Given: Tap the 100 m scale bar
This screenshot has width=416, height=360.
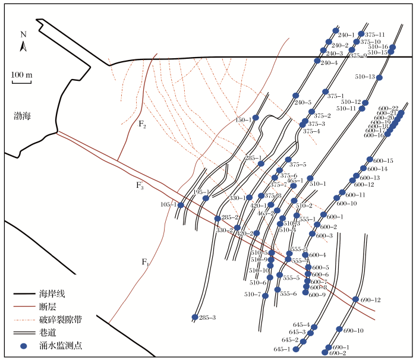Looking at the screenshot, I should pos(21,79).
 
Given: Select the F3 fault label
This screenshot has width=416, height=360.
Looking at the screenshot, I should pos(140,186).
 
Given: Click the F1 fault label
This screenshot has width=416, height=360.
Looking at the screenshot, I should pos(145,262).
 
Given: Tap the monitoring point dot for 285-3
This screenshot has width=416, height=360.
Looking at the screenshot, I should pos(195,317).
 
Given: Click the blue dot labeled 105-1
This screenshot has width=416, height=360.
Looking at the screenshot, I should pos(181,205).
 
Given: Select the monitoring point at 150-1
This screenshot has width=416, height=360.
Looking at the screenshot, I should pos(256,118).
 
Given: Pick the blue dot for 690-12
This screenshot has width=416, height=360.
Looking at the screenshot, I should pos(355,299).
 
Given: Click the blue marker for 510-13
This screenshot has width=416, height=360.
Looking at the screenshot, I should pos(379,78).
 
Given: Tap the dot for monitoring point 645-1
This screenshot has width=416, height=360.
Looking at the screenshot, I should pos(297,349).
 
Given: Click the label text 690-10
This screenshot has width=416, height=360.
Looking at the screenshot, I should pos(353,330).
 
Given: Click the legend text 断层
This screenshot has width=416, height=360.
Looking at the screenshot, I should pos(47,307).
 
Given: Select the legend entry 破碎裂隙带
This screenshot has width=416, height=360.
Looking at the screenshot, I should pos(56,320).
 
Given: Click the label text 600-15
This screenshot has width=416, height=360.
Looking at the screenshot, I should pos(383,161).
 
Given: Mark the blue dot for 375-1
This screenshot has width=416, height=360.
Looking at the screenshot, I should pos(325,91).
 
